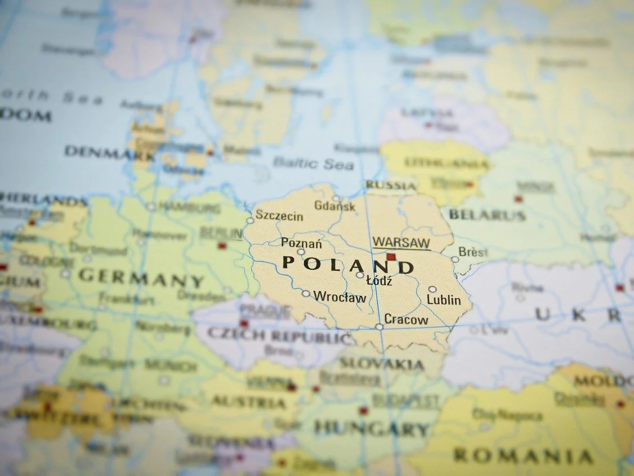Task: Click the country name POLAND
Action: tap(348, 265)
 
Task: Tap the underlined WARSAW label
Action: tap(401, 243)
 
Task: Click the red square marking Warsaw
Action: tap(391, 257)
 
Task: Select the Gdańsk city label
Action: tap(335, 207)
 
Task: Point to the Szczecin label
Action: tap(279, 216)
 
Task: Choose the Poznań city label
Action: tap(302, 243)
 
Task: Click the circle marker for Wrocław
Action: tap(305, 293)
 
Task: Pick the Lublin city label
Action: tap(444, 300)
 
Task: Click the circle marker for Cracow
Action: tap(380, 327)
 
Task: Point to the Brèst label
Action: tap(473, 252)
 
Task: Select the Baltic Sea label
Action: tap(313, 164)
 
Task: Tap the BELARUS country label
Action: tap(487, 215)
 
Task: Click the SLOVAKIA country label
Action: tap(382, 364)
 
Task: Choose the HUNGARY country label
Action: tap(371, 429)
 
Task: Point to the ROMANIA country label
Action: tap(523, 456)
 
